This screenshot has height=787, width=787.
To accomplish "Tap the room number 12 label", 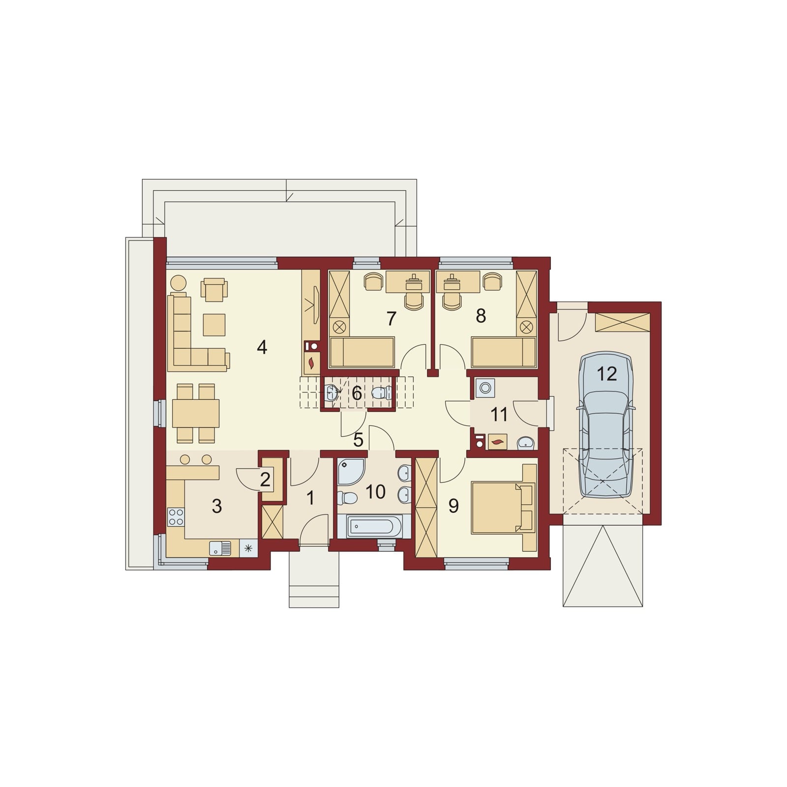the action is (x=606, y=374).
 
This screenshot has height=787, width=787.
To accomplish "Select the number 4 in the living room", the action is (x=262, y=348).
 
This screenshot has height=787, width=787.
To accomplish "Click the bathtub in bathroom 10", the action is (x=374, y=527).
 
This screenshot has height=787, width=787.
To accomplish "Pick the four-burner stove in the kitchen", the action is (x=176, y=516).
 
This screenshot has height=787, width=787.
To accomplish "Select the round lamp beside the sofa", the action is (x=179, y=283).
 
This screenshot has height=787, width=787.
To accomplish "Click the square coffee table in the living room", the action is (x=214, y=325).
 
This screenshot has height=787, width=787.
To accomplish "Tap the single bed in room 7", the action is (x=362, y=352).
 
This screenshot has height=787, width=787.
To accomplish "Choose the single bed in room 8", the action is (x=504, y=352).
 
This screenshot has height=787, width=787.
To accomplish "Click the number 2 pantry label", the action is (x=265, y=480).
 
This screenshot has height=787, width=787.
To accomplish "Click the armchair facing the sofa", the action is (x=214, y=290).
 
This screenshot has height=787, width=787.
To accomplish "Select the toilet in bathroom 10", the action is (x=347, y=498).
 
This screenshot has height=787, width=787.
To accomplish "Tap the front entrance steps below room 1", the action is (x=314, y=576).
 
